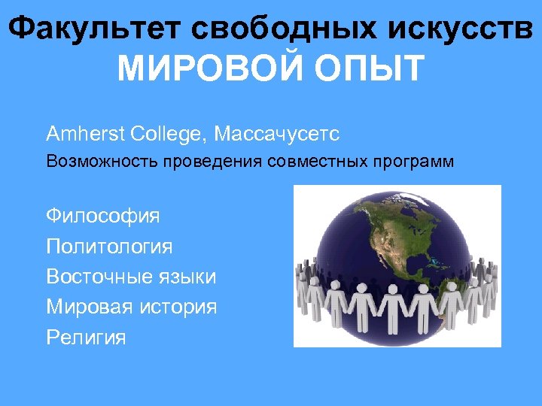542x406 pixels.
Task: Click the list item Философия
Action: pos(103,217)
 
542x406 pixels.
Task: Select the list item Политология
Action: pos(109,247)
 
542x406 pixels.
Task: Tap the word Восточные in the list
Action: pos(98,277)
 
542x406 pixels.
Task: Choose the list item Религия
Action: pos(86,338)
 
